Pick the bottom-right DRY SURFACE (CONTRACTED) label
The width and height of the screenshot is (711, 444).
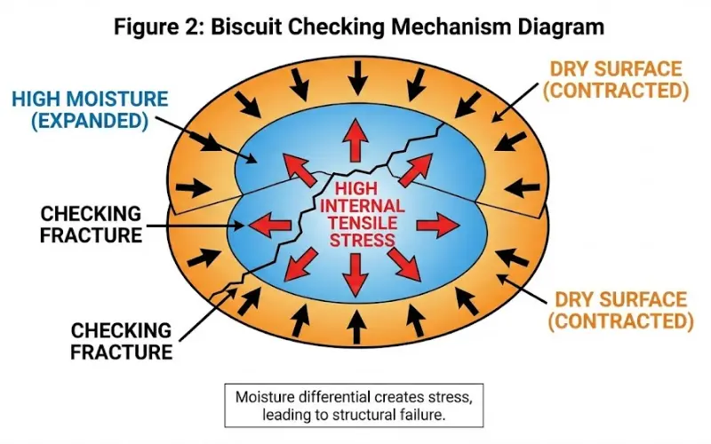(x=620, y=310)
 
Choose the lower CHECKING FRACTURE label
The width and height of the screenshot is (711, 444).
(x=121, y=341)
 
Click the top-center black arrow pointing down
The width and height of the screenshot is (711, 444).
(x=356, y=81)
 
